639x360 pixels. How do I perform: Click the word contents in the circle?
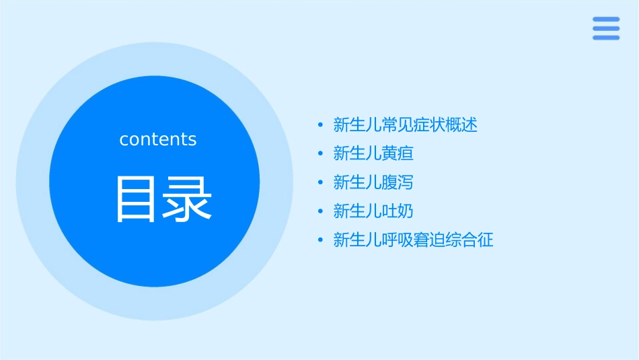[158, 139]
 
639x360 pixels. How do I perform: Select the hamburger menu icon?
[605, 28]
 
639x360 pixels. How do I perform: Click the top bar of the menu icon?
[605, 20]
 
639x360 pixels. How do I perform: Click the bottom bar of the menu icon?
[605, 38]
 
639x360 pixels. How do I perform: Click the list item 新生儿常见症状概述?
[405, 124]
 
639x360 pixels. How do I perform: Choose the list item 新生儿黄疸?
[373, 153]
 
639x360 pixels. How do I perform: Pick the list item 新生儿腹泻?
[373, 182]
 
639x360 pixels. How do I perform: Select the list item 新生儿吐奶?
[373, 211]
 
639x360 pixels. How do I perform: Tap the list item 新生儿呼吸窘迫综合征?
[413, 240]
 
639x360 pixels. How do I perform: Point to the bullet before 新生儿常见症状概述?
[321, 124]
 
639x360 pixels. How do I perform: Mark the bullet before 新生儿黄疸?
[321, 153]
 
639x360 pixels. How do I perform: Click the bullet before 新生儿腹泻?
[321, 182]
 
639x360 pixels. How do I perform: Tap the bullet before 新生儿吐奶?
[321, 211]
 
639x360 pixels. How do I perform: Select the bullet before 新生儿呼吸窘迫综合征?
[321, 240]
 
